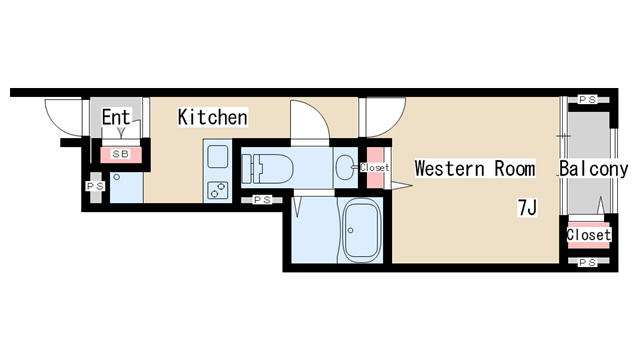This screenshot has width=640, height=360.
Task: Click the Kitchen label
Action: [x=213, y=117]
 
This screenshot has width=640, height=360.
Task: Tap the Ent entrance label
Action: [x=116, y=118]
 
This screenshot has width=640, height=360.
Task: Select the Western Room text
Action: [x=475, y=168]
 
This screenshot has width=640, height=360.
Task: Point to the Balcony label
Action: [x=593, y=169]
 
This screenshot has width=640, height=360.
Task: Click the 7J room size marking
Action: [x=527, y=207]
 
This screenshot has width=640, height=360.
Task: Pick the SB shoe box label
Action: [x=121, y=154]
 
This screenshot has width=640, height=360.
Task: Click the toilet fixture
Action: [x=267, y=168]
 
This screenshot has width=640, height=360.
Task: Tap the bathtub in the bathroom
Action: [x=362, y=231]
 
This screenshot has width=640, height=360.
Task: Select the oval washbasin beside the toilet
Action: [x=346, y=167]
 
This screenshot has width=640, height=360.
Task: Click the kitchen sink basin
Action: [x=218, y=156]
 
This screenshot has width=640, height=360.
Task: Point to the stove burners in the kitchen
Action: [x=218, y=190]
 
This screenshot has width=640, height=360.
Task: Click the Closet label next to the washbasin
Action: [x=374, y=167]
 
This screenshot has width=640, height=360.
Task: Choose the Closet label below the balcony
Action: [x=589, y=235]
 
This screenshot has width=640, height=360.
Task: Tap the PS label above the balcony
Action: [x=588, y=99]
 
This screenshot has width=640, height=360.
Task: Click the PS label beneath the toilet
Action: [x=262, y=200]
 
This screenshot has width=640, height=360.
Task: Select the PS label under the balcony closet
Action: [x=588, y=262]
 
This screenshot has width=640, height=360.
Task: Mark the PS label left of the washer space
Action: [x=96, y=187]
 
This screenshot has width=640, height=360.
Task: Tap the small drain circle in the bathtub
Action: [x=350, y=231]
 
